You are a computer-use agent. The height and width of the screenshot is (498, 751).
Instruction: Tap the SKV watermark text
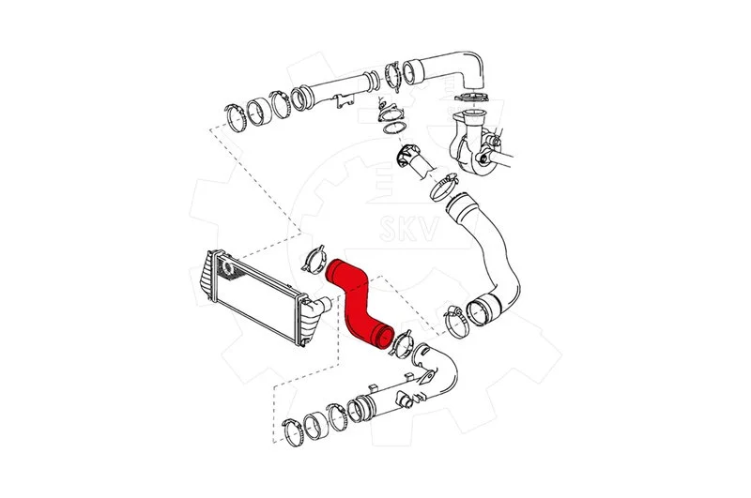pos(408,229)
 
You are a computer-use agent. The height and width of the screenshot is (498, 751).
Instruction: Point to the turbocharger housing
pos(472,141)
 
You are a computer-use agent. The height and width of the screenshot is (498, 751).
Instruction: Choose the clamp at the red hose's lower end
pos(401,343)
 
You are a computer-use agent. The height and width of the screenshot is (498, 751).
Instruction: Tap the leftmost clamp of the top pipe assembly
pos(236,116)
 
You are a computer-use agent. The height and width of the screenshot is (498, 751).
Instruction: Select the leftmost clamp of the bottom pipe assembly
pos(292,431)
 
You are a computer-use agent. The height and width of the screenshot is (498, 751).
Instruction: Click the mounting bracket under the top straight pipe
pos(345,101)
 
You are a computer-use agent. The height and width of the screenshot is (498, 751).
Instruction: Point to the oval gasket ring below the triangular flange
pos(393,128)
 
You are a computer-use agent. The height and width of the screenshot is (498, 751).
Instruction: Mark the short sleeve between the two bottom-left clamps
pos(315,425)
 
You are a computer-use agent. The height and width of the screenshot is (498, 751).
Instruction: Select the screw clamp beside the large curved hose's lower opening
pos(456,322)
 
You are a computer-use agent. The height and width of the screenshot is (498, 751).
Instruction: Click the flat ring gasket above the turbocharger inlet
pos(471,98)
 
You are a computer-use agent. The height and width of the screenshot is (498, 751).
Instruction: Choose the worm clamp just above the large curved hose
pos(444,188)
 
